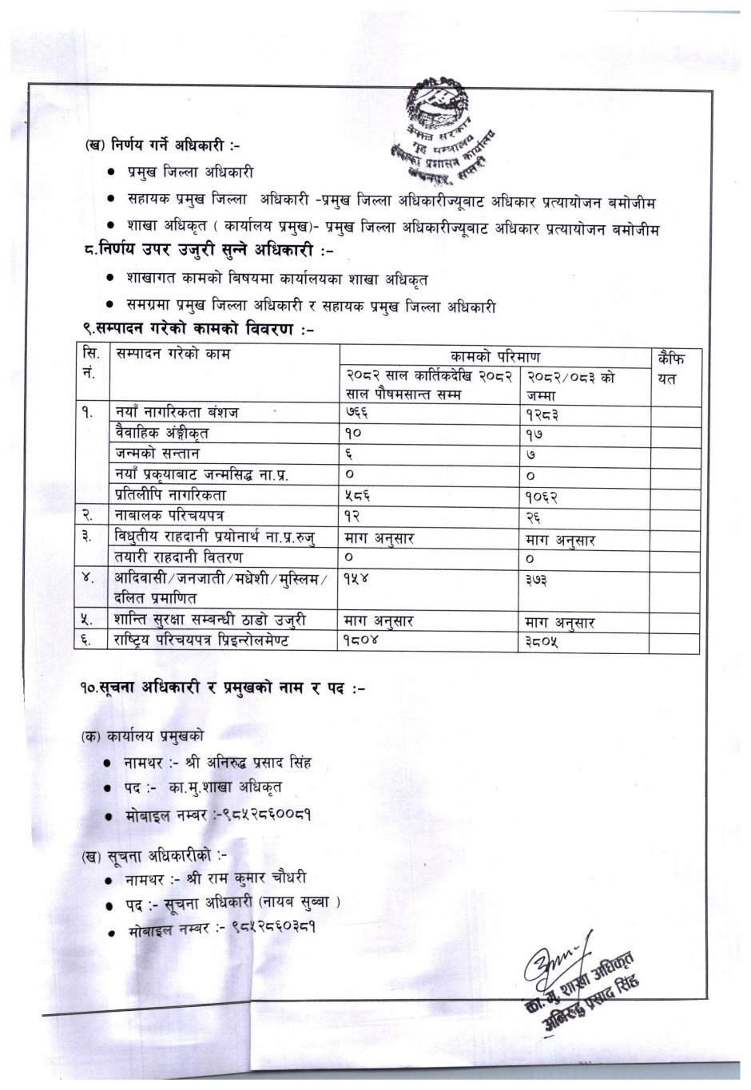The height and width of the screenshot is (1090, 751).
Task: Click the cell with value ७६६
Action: [x=356, y=413]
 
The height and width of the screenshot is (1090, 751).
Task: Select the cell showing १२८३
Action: [x=541, y=414]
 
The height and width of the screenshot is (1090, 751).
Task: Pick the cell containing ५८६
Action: [x=357, y=495]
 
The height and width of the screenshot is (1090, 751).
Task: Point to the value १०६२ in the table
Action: [x=542, y=497]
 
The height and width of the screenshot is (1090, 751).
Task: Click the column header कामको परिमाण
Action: [x=495, y=357]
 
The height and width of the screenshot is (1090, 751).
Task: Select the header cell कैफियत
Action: [x=670, y=368]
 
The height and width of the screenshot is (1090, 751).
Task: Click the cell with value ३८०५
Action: [x=542, y=641]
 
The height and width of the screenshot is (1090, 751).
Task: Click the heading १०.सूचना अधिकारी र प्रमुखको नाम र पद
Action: [x=221, y=687]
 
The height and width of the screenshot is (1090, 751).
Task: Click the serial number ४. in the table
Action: [x=88, y=578]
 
